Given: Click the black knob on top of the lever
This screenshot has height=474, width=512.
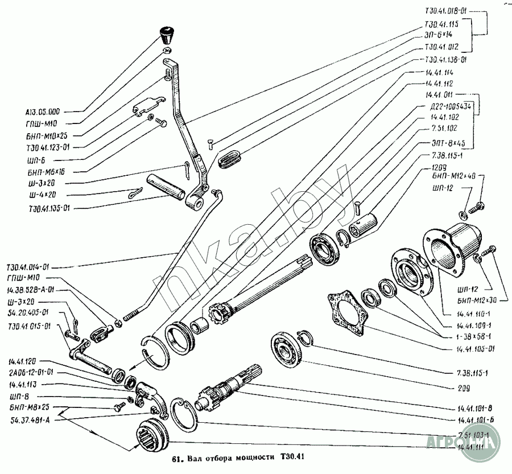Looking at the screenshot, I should (x=168, y=35).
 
